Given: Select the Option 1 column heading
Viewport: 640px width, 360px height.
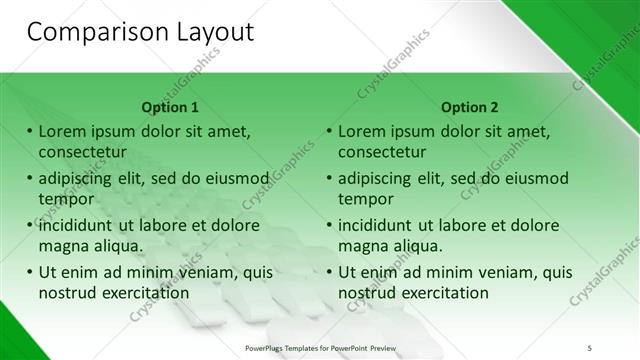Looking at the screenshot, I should point(170,107).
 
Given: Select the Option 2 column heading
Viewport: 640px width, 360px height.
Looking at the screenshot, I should point(470,107).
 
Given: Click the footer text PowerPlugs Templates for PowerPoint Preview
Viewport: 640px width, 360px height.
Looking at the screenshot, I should point(320,346).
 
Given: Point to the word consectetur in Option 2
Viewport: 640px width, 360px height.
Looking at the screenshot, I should point(382,152).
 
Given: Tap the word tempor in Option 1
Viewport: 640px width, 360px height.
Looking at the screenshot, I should point(65,199).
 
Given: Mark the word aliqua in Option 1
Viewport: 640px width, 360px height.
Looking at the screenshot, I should point(117,246).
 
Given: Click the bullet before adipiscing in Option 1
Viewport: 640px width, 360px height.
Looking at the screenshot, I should point(29,179).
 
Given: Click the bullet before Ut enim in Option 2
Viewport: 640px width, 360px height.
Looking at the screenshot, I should point(329,272).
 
